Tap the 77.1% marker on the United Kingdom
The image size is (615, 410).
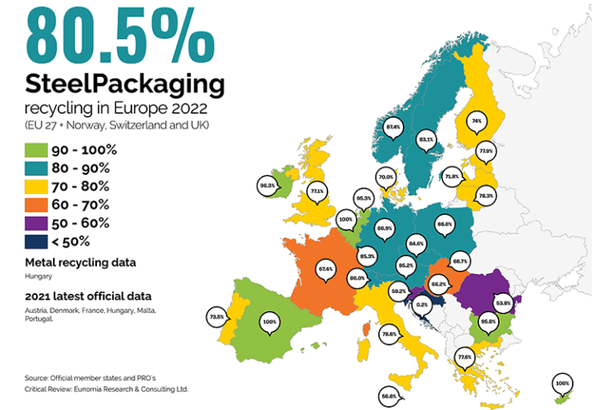click(x=317, y=191)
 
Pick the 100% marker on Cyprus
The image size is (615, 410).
click(x=562, y=384)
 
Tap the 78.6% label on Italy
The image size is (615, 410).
click(x=389, y=333)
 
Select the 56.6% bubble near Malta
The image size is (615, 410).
click(x=389, y=395)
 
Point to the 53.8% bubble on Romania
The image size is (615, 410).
click(x=504, y=303)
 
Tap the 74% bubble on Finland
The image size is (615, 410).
click(x=476, y=121)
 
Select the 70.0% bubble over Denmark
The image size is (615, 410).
click(x=386, y=177)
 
